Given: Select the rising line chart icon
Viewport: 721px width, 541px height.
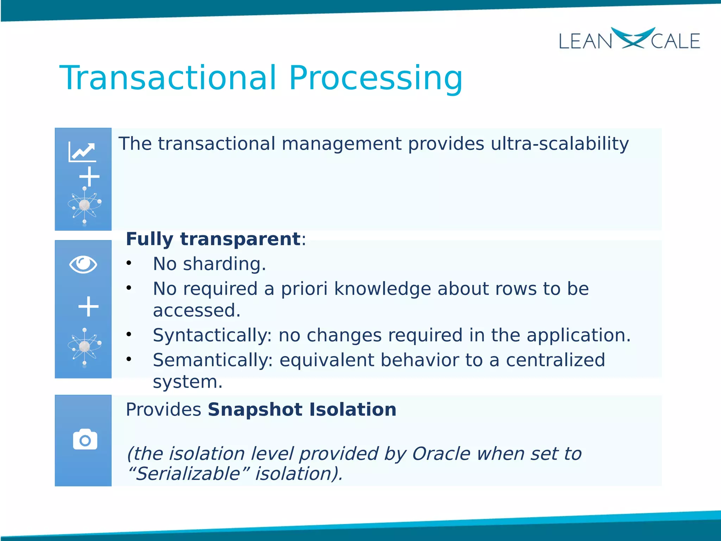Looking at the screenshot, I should pos(82,152).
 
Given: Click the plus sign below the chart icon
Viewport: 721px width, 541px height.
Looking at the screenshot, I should pos(89,176).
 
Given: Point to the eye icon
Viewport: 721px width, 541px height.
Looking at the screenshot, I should pos(83,265).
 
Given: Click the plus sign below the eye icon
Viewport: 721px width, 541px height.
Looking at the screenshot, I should pos(88,306).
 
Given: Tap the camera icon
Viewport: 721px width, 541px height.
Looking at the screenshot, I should pos(85,439).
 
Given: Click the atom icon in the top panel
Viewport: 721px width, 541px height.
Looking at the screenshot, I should pos(84,205).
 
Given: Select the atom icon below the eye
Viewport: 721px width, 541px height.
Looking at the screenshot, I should pos(84,347).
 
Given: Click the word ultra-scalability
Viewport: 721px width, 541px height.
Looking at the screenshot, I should pos(559,144).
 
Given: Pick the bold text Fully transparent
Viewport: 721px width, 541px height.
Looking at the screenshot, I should pos(213,239).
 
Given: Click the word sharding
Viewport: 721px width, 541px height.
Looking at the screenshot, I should pos(224,264).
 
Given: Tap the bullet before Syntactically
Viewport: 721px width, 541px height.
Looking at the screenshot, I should pos(129,334).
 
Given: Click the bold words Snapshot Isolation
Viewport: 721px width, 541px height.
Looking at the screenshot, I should pos(302,410).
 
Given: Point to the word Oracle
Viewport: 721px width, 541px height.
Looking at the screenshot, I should pos(441,454).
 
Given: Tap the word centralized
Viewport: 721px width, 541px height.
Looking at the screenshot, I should pos(555,360).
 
